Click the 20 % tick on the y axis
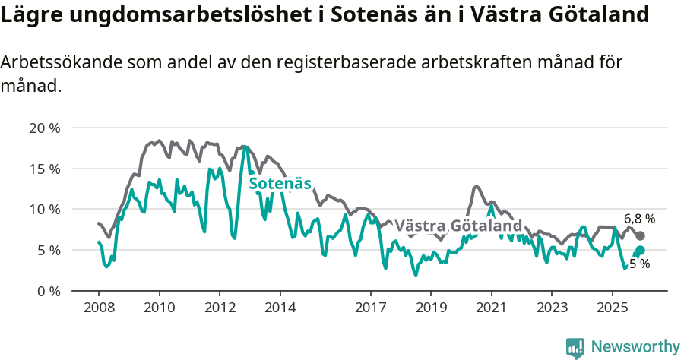(x=44, y=128)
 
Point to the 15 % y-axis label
(x=44, y=169)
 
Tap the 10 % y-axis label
(x=44, y=209)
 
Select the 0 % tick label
(x=48, y=291)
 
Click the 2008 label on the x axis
(x=99, y=308)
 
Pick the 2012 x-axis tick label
(x=220, y=308)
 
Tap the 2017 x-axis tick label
(x=370, y=308)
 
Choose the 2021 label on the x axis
(x=491, y=308)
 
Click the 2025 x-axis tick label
(x=612, y=308)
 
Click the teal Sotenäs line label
(x=280, y=183)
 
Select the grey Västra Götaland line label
(x=459, y=226)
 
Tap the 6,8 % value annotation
(x=639, y=218)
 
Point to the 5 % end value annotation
(x=640, y=264)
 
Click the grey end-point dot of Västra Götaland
(x=640, y=236)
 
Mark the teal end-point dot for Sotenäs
(x=640, y=251)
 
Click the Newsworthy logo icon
(x=575, y=347)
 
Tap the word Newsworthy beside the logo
(x=635, y=347)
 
